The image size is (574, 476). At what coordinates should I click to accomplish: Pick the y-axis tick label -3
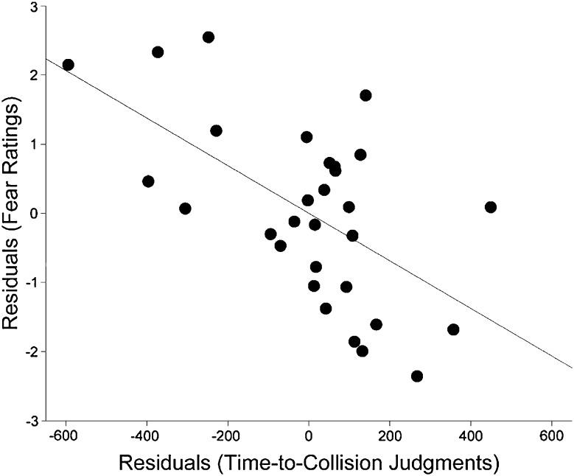point(30,421)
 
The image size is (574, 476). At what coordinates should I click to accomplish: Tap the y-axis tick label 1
point(33,144)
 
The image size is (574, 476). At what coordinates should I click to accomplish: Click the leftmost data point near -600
point(68,65)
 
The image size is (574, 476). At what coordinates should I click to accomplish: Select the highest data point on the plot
point(209,37)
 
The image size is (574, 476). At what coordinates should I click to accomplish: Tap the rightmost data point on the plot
point(491,207)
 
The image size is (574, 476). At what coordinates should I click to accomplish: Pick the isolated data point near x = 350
point(453,329)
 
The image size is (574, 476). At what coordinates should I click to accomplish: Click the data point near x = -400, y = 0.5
point(148,181)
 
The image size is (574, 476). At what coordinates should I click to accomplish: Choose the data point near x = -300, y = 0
point(185,209)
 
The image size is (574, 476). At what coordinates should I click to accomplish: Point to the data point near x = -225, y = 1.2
point(216,130)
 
